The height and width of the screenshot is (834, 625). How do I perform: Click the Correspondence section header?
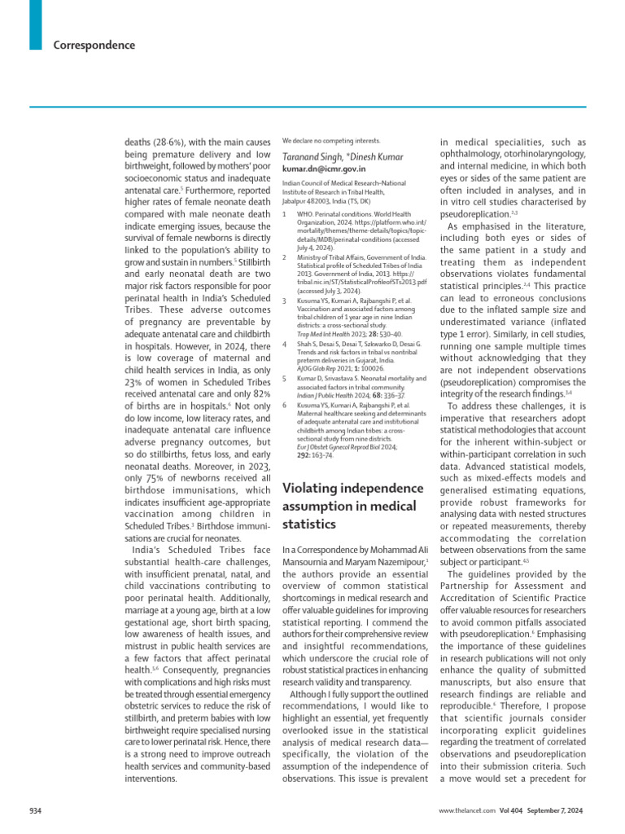click(x=94, y=46)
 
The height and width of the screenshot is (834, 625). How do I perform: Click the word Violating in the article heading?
click(x=313, y=489)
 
